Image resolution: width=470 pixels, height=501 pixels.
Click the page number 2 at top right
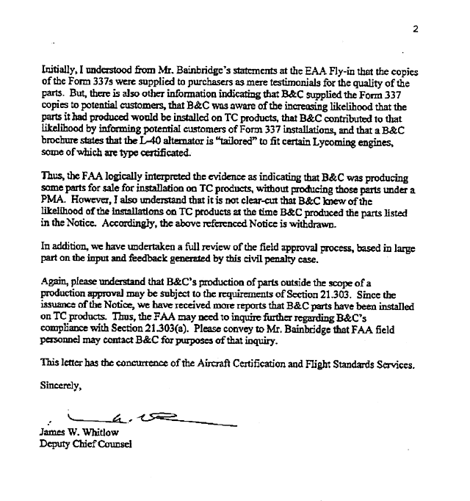pos(416,29)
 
